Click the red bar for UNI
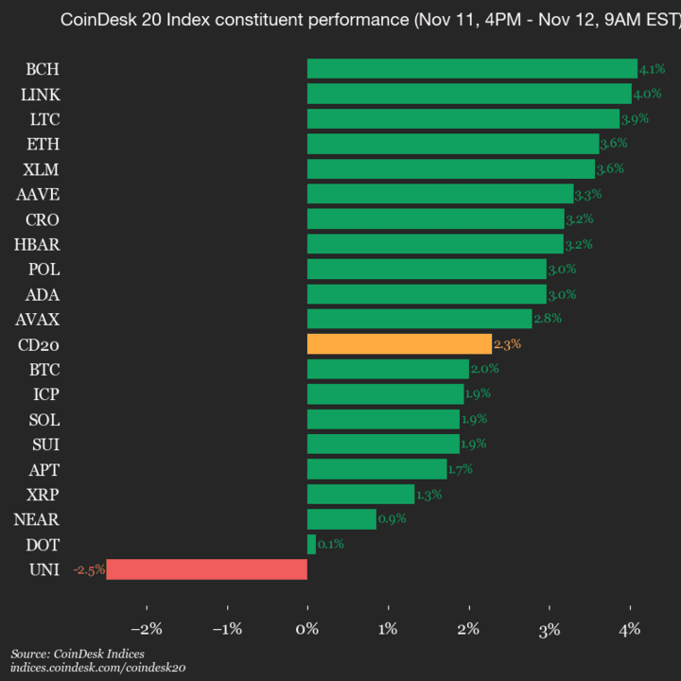point(206,568)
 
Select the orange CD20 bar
point(399,344)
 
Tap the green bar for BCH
point(472,69)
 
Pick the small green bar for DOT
point(311,544)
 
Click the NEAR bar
point(341,519)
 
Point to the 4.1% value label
point(652,69)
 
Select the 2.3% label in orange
point(507,344)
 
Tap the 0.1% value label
point(331,544)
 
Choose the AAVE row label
point(38,194)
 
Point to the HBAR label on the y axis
point(37,244)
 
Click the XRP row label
point(41,494)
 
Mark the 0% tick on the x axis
point(307,629)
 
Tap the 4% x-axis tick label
point(630,629)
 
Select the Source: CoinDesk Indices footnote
point(78,654)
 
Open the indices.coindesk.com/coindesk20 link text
point(97,668)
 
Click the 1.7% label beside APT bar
point(461,469)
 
